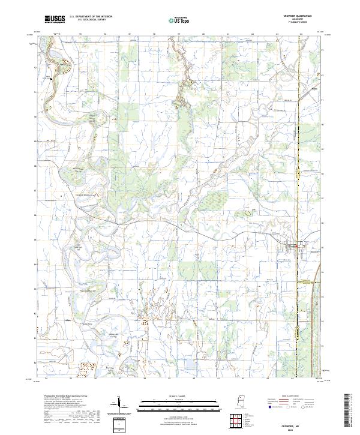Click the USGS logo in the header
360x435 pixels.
[x=55, y=19]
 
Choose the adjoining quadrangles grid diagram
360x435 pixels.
[x=236, y=421]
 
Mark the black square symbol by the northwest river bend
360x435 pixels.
[x=52, y=78]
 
